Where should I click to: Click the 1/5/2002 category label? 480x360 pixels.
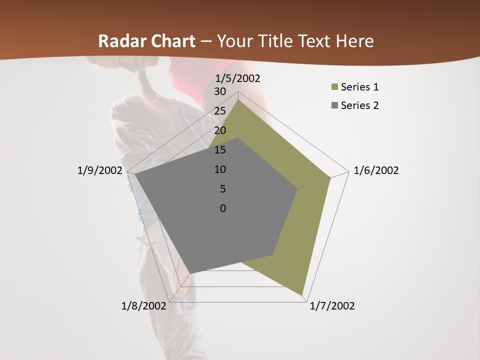click(238, 78)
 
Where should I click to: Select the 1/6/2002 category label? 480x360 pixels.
click(376, 170)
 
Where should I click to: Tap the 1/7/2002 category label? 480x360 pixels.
click(332, 306)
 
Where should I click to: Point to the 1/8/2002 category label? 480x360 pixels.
click(143, 306)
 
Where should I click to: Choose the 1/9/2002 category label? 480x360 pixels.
click(99, 170)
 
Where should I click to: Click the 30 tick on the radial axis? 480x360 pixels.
click(220, 91)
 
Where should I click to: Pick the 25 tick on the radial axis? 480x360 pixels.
click(220, 111)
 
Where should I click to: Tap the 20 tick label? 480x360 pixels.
click(220, 130)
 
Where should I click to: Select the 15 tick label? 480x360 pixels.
click(220, 150)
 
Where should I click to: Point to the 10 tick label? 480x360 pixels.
click(220, 169)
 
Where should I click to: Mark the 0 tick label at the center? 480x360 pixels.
click(223, 208)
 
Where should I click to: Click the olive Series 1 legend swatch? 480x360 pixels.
click(334, 87)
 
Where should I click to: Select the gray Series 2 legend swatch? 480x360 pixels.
click(334, 105)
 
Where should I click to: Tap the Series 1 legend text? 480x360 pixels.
click(359, 87)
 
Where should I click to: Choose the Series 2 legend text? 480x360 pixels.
click(359, 105)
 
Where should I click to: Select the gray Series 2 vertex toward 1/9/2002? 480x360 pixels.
click(134, 174)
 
